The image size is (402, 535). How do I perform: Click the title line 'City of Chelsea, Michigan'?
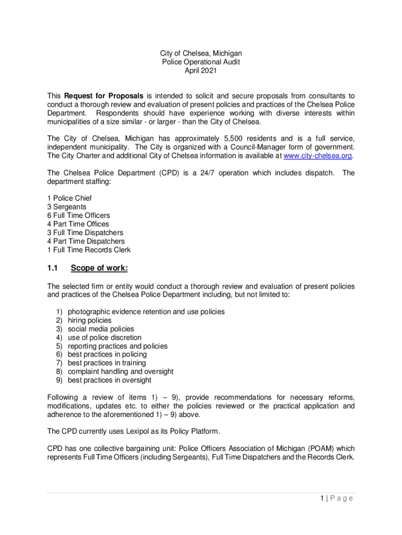click(x=201, y=53)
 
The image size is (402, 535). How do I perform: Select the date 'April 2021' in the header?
click(x=201, y=71)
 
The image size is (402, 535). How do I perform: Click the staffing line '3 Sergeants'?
click(x=66, y=207)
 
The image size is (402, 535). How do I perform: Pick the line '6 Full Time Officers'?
click(x=78, y=215)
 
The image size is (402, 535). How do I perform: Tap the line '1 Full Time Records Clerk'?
click(x=89, y=250)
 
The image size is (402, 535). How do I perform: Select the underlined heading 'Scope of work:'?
click(x=99, y=269)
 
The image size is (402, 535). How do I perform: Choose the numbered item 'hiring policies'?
click(x=89, y=320)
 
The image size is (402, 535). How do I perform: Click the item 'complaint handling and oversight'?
click(x=121, y=371)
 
